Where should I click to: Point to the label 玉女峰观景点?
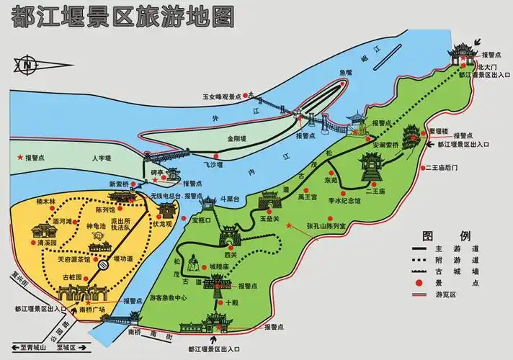222,95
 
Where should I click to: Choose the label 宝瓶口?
205,222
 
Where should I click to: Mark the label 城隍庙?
220,267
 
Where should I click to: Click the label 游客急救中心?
169,297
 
